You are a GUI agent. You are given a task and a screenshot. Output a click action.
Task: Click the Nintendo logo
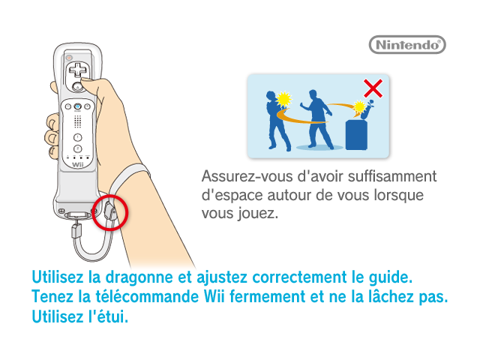click(x=407, y=45)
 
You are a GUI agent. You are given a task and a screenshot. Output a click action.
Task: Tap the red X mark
click(x=373, y=88)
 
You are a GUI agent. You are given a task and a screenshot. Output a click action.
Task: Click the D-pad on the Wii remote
click(x=77, y=70)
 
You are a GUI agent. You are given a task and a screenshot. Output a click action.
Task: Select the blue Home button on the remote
click(x=78, y=106)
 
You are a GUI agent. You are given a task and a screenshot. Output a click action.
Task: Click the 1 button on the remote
click(x=78, y=137)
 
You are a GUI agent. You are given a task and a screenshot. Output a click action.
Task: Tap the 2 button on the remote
click(x=78, y=149)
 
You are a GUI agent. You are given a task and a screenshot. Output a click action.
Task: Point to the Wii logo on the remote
click(x=78, y=165)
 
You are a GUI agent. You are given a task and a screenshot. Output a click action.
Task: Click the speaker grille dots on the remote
click(x=78, y=121)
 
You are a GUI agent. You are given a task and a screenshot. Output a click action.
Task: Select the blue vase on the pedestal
click(x=367, y=109)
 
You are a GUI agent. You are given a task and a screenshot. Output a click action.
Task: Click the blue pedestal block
click(x=356, y=135)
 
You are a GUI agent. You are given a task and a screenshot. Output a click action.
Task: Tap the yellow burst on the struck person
click(x=283, y=99)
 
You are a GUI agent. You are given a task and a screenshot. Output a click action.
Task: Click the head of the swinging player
click(x=313, y=94)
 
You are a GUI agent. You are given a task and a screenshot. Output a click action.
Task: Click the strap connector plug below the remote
click(x=76, y=230)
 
